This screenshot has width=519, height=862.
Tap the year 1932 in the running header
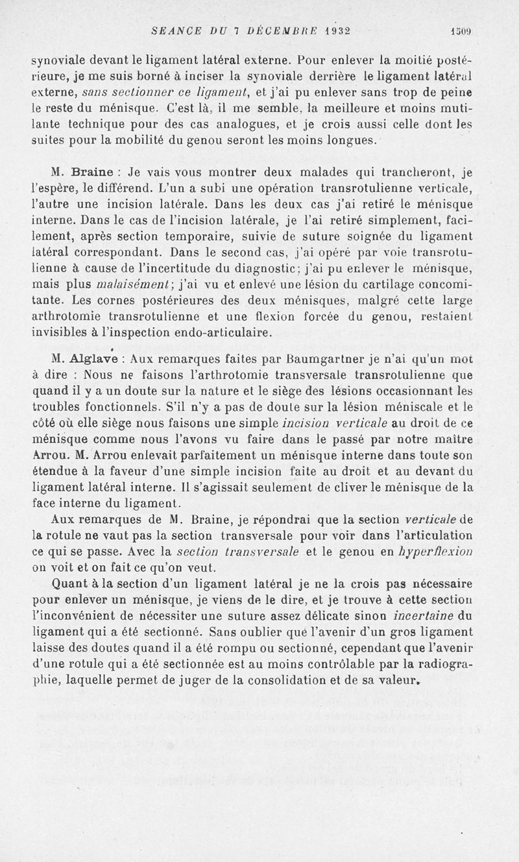(330, 30)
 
